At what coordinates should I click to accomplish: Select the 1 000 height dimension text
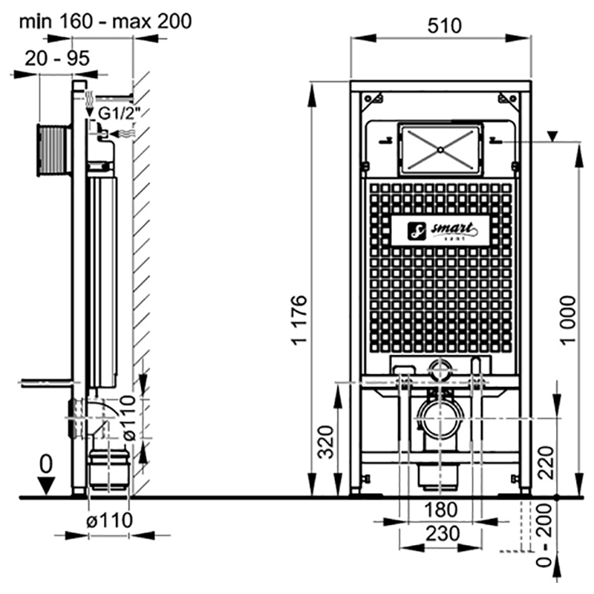(567, 319)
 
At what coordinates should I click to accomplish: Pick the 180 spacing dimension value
(441, 510)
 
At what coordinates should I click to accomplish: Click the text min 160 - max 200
(105, 20)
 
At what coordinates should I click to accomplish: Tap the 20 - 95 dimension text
(56, 58)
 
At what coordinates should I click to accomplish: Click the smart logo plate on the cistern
(440, 231)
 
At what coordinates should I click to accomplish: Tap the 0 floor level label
(47, 464)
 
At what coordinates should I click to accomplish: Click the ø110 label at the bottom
(108, 520)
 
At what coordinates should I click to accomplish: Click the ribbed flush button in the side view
(53, 151)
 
